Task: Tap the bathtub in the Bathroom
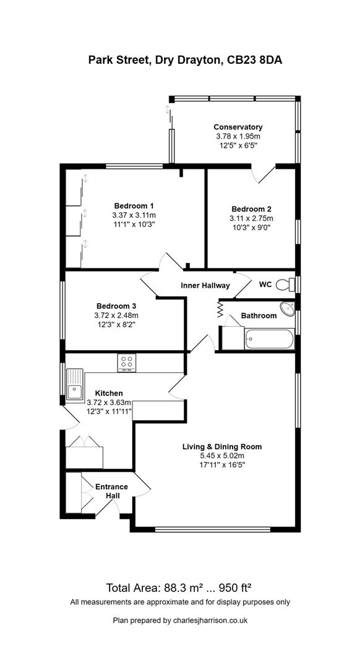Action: click(x=269, y=339)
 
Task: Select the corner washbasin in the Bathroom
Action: click(x=288, y=307)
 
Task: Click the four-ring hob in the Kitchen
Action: click(x=127, y=362)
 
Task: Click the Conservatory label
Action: click(x=238, y=127)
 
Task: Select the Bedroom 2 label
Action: click(x=251, y=209)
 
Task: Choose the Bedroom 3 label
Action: click(x=116, y=306)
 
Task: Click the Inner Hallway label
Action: click(x=205, y=285)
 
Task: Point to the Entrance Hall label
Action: click(x=111, y=491)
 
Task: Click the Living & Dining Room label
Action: click(x=222, y=447)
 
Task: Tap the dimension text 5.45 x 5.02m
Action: click(x=222, y=455)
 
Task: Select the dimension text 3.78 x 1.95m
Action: click(x=238, y=136)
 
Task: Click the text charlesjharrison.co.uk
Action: click(x=208, y=620)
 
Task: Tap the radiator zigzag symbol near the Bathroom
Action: click(x=220, y=309)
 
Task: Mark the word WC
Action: click(x=265, y=284)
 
